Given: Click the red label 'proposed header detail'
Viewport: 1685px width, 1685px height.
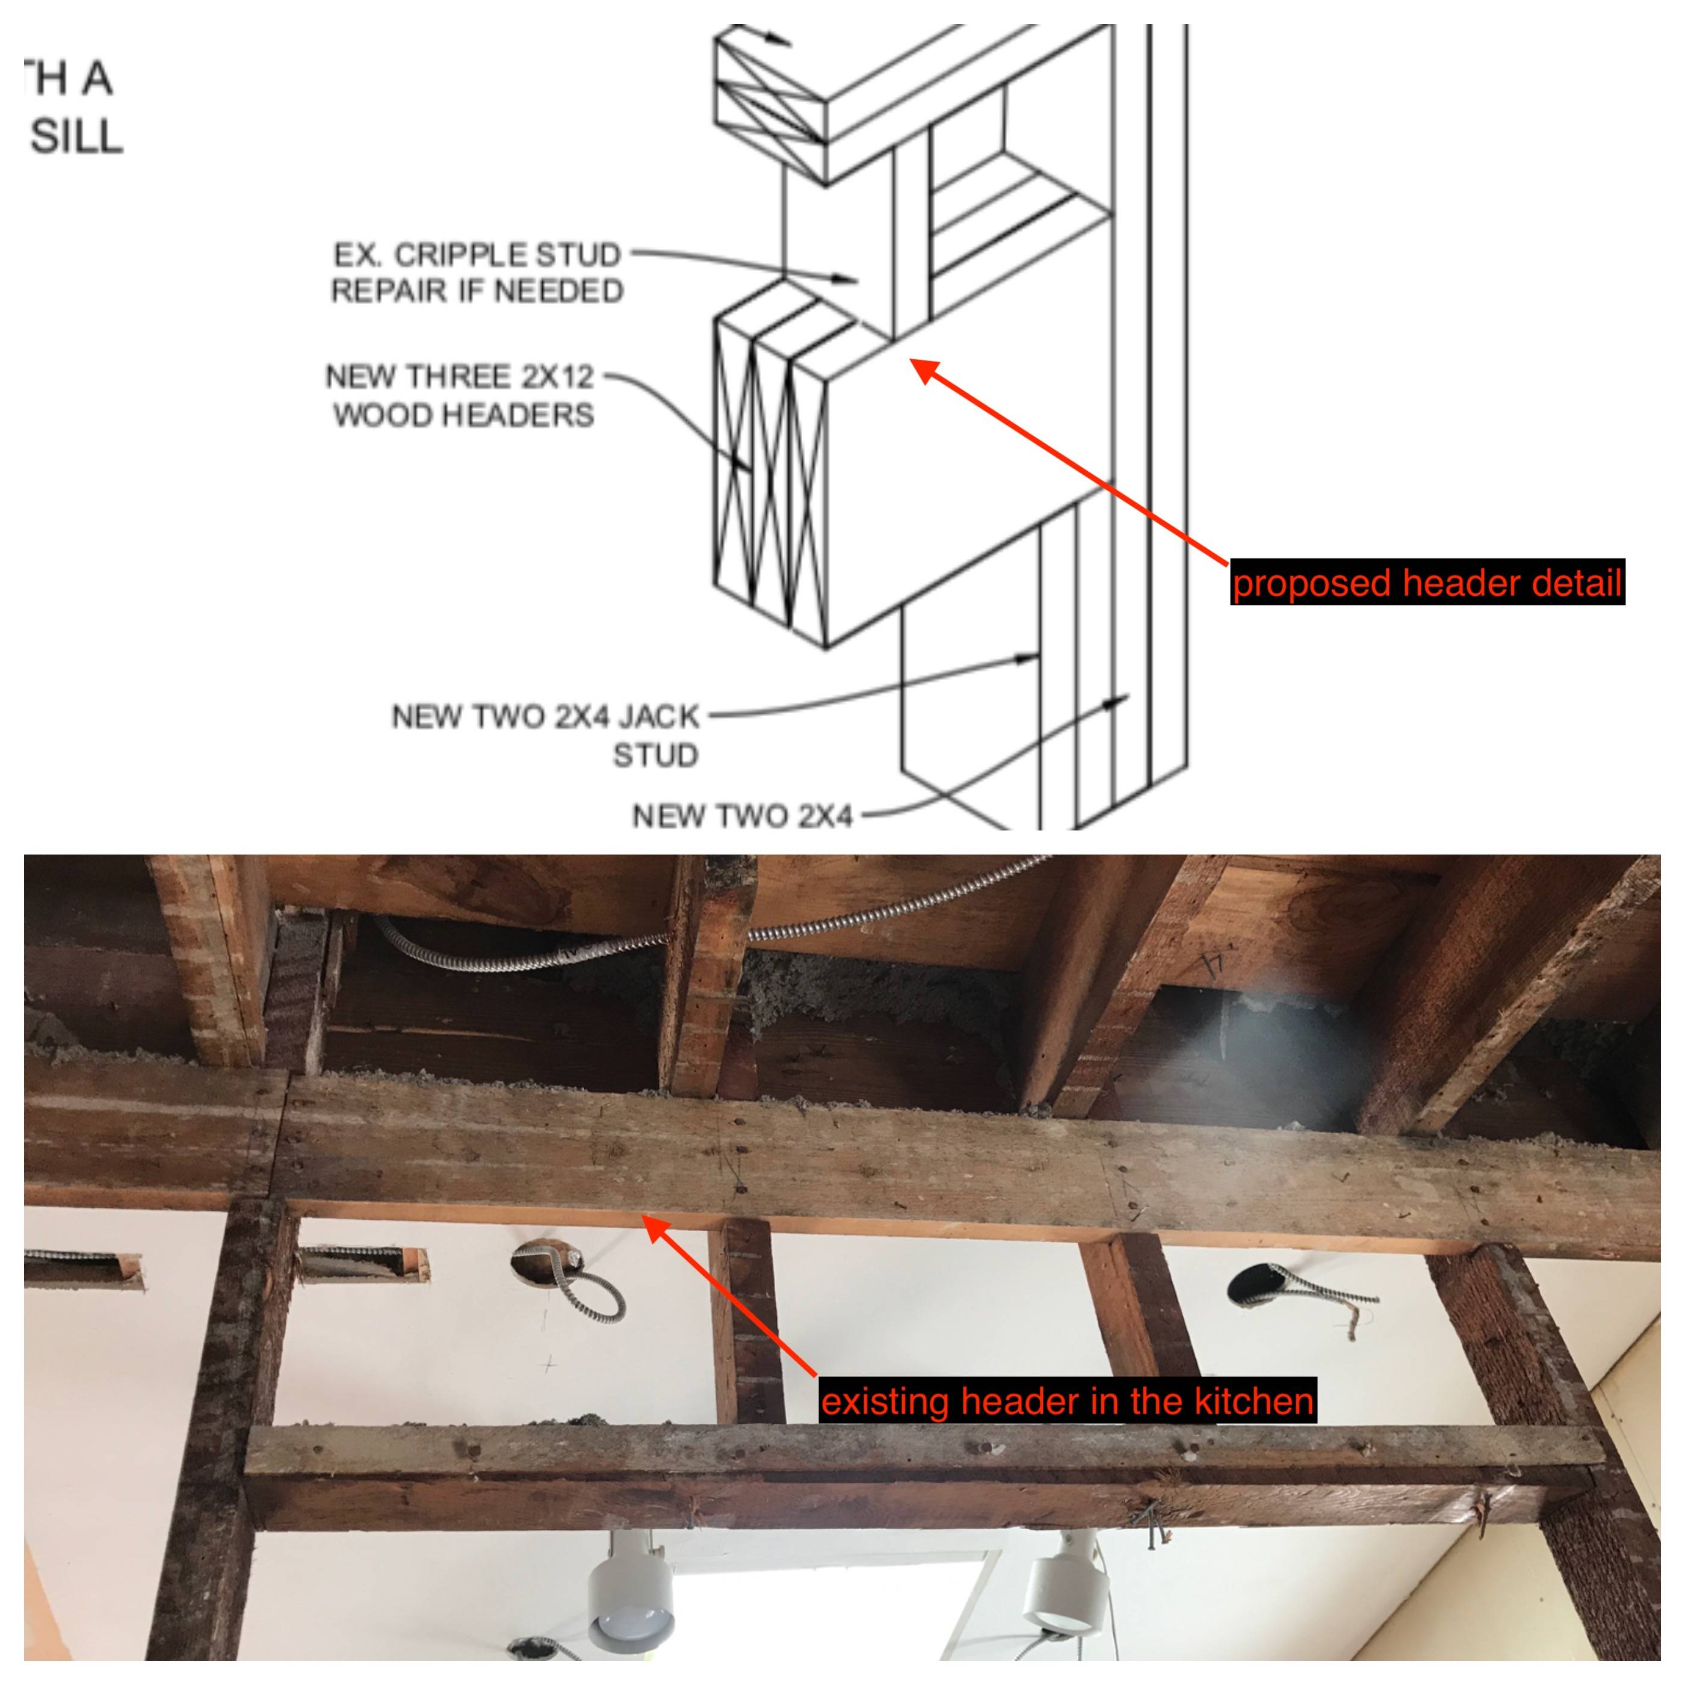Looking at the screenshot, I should pos(1427,583).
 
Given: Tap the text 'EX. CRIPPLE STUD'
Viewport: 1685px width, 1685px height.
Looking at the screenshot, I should pos(477,255).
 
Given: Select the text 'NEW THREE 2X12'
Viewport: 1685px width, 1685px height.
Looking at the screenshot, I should pos(460,377).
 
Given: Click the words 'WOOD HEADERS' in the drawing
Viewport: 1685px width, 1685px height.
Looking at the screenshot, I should pos(463,414).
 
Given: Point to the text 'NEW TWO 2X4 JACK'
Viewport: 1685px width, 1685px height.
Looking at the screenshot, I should pos(545,717).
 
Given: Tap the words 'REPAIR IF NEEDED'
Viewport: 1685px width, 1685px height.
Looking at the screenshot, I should pos(477,291).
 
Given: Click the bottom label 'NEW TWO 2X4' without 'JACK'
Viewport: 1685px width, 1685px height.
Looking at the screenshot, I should pos(741,817).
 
